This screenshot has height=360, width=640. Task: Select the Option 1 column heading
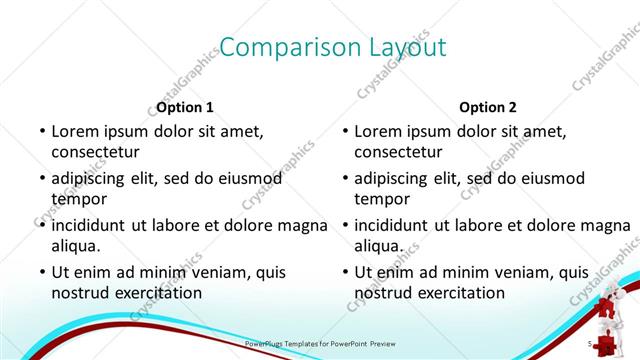(185, 107)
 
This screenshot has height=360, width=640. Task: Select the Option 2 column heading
(488, 107)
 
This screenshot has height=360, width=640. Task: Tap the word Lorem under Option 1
(76, 131)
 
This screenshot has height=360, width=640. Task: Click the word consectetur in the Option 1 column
(95, 152)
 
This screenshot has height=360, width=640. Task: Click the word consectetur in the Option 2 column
(398, 152)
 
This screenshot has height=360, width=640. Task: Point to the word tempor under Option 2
(381, 199)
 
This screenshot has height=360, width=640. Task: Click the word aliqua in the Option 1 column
(76, 246)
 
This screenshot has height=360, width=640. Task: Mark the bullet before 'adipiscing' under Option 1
(42, 178)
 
